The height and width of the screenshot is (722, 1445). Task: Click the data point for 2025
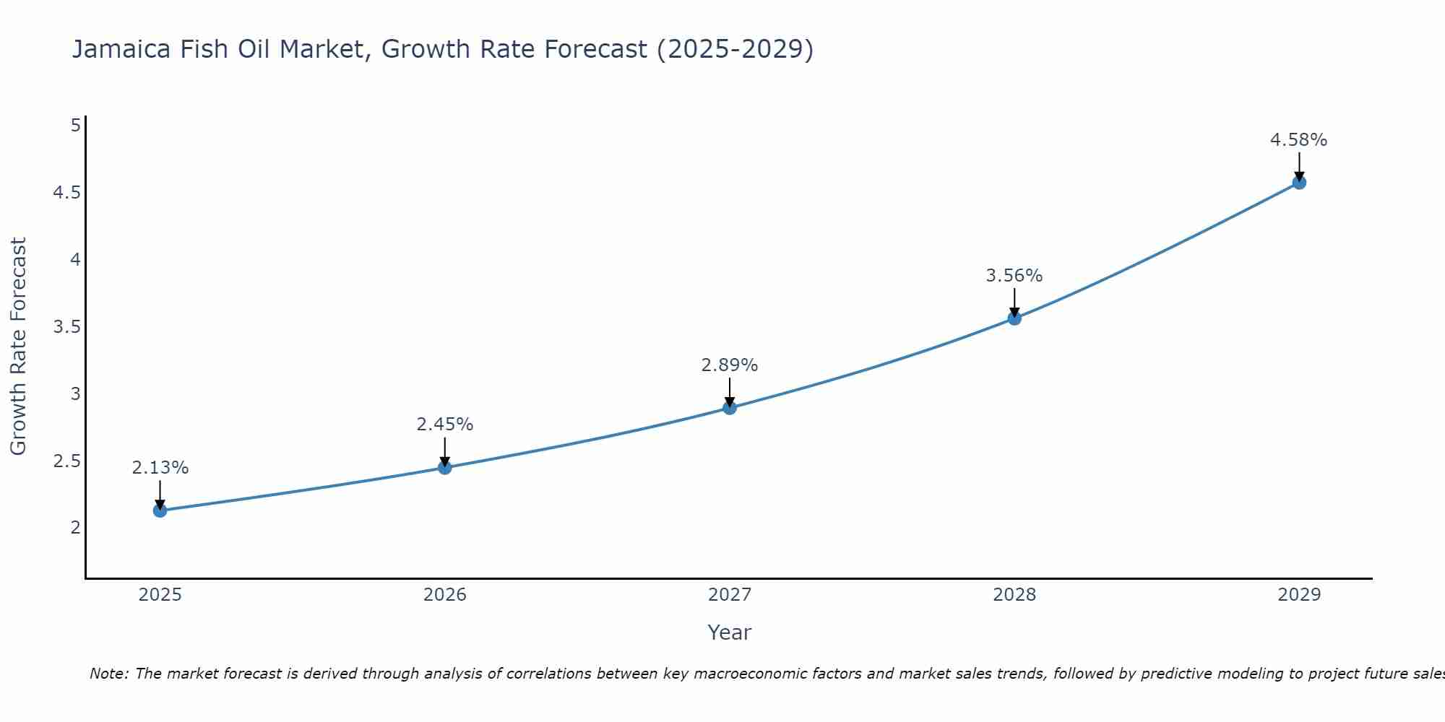160,510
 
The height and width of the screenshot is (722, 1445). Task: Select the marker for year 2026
444,467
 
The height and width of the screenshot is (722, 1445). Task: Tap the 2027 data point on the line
730,408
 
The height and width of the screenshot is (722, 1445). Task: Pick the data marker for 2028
1014,318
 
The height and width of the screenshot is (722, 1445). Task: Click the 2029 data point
1299,182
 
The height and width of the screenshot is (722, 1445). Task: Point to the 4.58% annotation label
1298,140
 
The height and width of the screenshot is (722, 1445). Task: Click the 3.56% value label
1014,276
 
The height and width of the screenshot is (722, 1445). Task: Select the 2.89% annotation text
729,365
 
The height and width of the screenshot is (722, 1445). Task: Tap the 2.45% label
444,425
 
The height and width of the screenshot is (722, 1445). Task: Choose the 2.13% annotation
160,468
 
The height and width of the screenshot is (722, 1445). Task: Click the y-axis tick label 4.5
66,193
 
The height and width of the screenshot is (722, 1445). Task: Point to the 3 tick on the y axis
75,394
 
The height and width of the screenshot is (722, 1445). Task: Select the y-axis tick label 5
75,126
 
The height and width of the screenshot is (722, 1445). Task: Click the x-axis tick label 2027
730,595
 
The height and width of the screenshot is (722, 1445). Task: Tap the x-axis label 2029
1299,595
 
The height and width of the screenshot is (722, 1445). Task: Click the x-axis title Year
730,632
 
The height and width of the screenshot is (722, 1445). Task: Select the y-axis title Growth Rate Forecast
18,347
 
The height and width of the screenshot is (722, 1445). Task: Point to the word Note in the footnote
108,674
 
